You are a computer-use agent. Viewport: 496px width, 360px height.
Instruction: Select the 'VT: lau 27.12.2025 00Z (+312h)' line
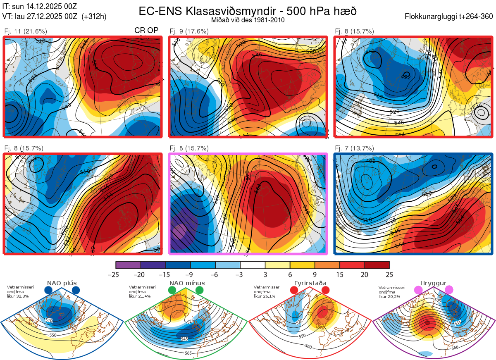(54, 16)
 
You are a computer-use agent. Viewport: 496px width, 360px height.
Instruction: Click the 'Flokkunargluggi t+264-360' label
(450, 17)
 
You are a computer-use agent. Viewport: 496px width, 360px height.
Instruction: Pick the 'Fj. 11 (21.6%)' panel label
(25, 31)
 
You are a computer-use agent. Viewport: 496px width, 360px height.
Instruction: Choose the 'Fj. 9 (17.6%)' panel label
(189, 31)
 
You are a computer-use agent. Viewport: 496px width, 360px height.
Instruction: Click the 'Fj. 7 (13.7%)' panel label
(354, 148)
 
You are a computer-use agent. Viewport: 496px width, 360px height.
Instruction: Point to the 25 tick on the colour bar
(389, 274)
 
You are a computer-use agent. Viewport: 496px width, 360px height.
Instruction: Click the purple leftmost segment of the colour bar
(128, 265)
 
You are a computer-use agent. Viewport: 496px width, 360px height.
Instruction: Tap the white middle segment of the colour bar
(253, 265)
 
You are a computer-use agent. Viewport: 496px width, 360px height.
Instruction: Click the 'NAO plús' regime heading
(62, 283)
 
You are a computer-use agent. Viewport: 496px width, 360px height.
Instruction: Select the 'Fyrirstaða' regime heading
(310, 283)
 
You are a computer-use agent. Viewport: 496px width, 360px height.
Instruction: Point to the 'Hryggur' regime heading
(434, 283)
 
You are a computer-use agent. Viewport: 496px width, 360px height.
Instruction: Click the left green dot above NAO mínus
(172, 291)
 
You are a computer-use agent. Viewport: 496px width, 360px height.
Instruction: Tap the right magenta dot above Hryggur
(449, 290)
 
